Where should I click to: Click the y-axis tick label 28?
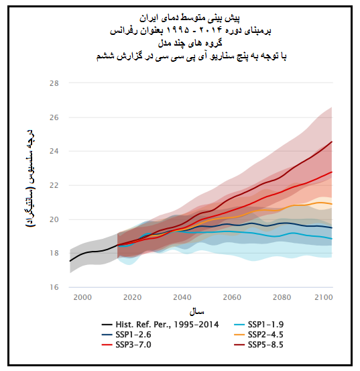tap(54, 83)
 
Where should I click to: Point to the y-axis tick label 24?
tap(54, 151)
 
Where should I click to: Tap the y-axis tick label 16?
tap(54, 287)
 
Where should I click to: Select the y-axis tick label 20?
tap(54, 219)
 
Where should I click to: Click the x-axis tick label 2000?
tap(82, 297)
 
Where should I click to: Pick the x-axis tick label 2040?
tap(182, 297)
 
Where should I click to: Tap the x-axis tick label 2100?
tap(324, 297)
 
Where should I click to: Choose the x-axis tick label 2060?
tap(232, 297)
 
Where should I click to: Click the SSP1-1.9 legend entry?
tap(259, 325)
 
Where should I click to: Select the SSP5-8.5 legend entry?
tap(259, 345)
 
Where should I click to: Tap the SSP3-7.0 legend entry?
tap(127, 345)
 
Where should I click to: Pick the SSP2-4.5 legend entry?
tap(259, 335)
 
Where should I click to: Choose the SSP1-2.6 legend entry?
tap(127, 335)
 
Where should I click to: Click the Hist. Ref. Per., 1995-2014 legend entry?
tap(160, 325)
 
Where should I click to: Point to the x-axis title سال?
tap(196, 311)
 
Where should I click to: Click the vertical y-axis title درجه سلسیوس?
tap(31, 178)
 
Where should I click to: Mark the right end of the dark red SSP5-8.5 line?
tap(332, 142)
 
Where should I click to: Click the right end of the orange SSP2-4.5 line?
tap(332, 204)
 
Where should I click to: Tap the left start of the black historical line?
tap(70, 261)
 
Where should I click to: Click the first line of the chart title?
tap(190, 19)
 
